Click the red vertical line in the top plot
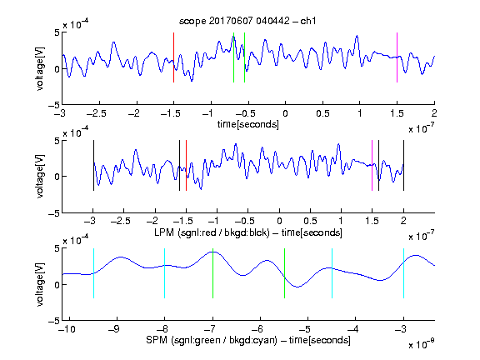tap(173, 57)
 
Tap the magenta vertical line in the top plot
tap(397, 57)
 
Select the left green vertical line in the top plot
tap(233, 57)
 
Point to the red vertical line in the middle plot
tap(186, 165)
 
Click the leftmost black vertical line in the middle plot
tap(93, 165)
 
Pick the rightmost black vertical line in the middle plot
tap(403, 165)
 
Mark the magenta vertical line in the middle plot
tap(372, 165)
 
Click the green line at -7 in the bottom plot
tap(212, 273)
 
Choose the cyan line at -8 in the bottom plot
tap(165, 273)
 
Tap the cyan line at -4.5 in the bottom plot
tap(332, 273)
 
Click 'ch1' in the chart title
tap(307, 21)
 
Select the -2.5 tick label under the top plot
tap(97, 113)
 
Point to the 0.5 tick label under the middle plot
tap(310, 221)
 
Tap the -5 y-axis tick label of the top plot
tap(53, 105)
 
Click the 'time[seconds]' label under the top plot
tap(248, 125)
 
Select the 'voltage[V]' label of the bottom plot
tap(40, 284)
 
